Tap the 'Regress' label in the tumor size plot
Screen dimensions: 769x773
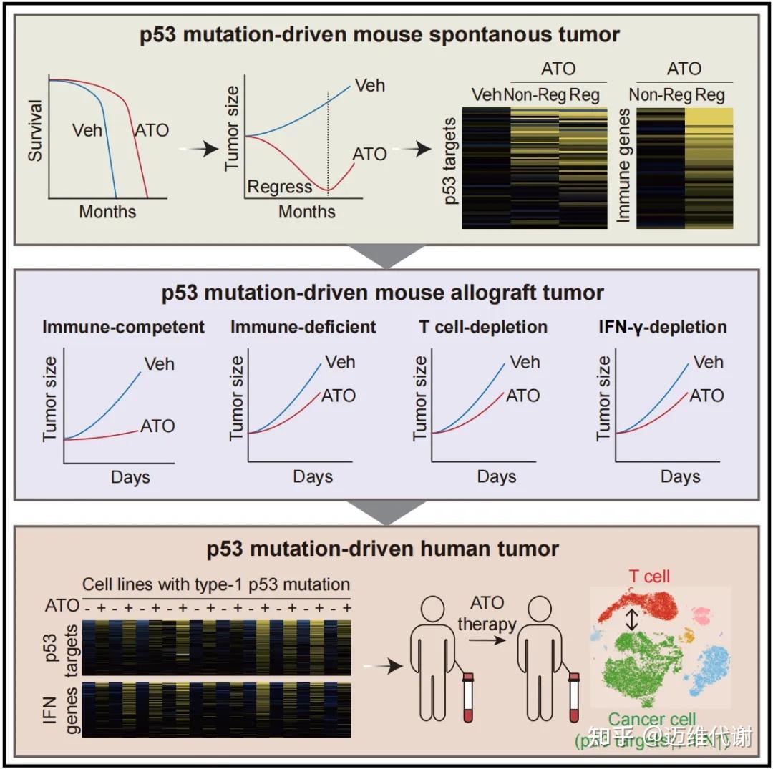(279, 187)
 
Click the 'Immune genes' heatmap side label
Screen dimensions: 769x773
(622, 165)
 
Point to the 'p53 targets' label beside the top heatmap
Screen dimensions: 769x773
(450, 165)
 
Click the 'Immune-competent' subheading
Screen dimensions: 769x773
(124, 328)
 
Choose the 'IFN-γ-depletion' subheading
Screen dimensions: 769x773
(662, 328)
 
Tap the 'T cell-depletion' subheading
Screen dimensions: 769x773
(483, 328)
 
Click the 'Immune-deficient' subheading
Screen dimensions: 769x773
(303, 328)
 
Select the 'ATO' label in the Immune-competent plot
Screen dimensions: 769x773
(157, 426)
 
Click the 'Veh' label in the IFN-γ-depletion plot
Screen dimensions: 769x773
(709, 362)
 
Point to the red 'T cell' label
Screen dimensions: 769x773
(650, 577)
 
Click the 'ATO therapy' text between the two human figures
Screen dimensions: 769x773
(487, 613)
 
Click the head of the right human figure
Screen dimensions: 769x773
(535, 612)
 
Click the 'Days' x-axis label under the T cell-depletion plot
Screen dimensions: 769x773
(497, 477)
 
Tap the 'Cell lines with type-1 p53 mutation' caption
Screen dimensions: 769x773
(215, 584)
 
